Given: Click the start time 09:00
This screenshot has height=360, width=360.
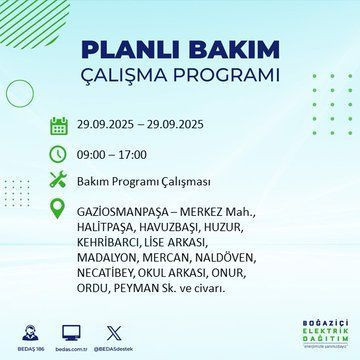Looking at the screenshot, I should pyautogui.click(x=93, y=155).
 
